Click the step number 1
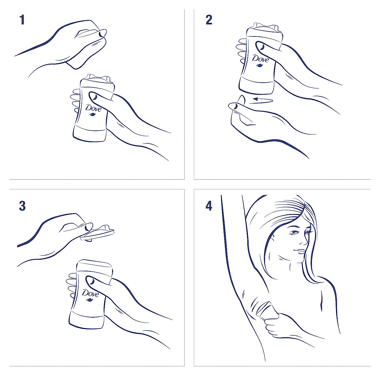pos(22,20)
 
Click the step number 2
pos(209,20)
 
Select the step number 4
pos(209,206)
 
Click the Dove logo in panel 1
pos(93,109)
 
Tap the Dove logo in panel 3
pos(91,294)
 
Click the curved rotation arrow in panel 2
pos(263,100)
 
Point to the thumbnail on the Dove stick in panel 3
pos(91,281)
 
